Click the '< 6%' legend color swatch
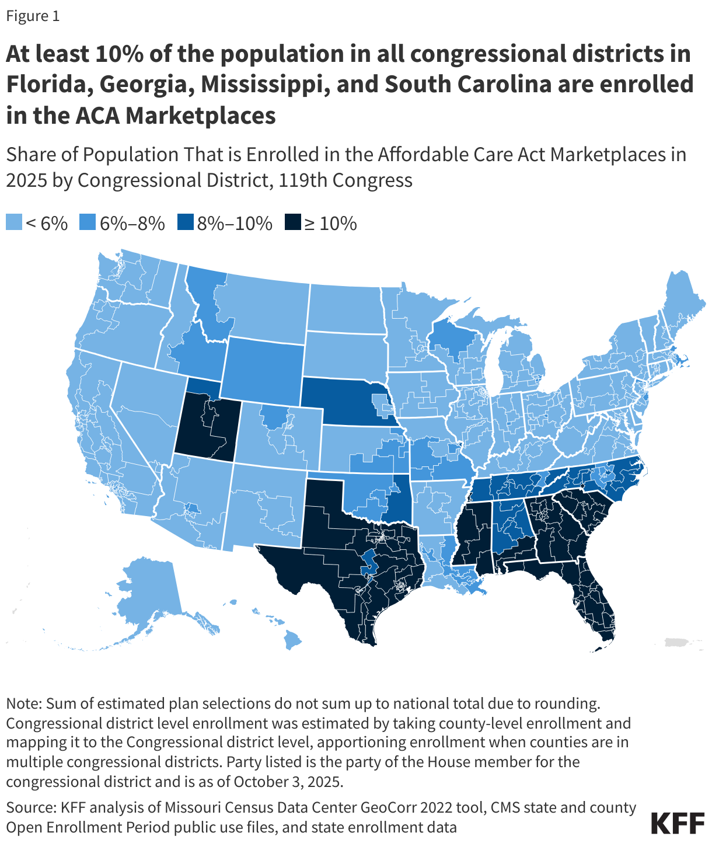point(14,223)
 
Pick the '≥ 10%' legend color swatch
point(292,223)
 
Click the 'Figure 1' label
point(33,16)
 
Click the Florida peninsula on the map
point(595,607)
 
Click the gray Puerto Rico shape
point(677,642)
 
